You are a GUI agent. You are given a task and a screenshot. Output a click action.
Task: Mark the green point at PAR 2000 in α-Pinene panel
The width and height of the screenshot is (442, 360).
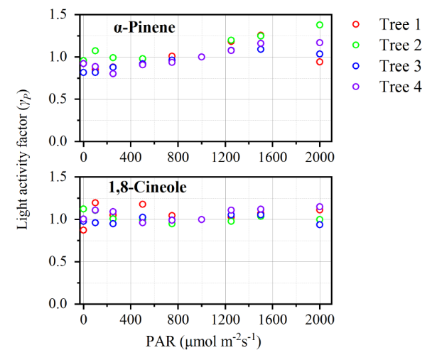[320, 25]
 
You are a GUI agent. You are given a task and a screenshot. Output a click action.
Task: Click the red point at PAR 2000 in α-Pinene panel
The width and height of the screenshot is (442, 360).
[320, 62]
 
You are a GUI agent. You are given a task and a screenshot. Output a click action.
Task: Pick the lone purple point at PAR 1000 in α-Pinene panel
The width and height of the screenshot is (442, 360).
[202, 57]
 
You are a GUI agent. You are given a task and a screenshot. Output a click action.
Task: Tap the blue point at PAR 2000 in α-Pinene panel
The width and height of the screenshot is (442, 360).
[320, 54]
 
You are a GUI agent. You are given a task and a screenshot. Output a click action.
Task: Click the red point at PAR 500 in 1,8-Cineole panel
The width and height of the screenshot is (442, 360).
[143, 204]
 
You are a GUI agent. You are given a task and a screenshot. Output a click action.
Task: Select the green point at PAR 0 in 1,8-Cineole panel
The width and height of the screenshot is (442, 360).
[83, 209]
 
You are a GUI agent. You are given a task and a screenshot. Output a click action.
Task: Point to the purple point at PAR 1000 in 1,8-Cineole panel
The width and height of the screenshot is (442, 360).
[202, 219]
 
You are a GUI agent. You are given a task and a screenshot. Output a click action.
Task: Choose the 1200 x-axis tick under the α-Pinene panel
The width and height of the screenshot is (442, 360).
[231, 154]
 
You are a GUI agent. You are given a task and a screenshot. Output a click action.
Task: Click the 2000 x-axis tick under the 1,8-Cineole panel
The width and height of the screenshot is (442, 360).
[320, 317]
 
